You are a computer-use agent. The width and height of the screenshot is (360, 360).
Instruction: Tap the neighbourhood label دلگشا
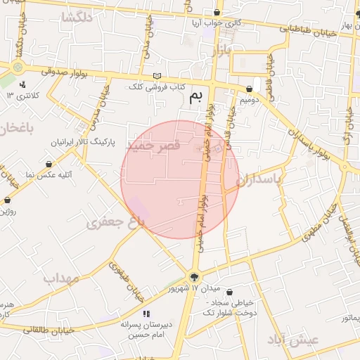click(77, 19)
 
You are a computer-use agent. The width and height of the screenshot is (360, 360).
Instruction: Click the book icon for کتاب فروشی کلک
click(157, 77)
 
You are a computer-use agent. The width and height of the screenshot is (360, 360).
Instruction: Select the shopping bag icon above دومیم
click(250, 89)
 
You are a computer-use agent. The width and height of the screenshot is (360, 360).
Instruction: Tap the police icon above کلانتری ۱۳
click(23, 84)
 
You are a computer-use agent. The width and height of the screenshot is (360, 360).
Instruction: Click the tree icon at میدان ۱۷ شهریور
click(194, 276)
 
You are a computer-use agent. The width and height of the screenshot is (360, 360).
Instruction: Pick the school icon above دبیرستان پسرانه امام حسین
click(146, 314)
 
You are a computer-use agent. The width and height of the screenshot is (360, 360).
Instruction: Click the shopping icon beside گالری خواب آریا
click(217, 13)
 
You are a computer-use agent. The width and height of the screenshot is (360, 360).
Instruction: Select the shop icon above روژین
click(7, 200)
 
